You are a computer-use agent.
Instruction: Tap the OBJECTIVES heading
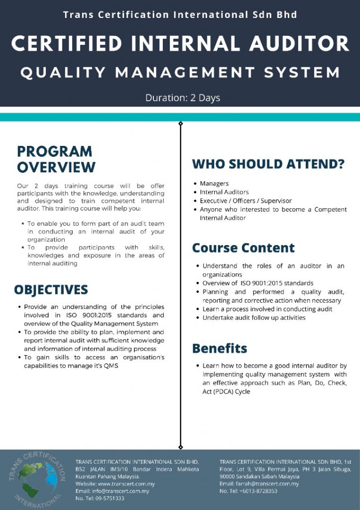click(x=51, y=290)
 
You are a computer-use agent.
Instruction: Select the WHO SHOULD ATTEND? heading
click(x=268, y=164)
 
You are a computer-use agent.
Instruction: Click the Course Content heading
click(x=243, y=248)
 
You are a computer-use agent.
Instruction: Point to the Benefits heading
click(x=220, y=348)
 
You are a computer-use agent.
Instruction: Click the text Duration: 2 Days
click(x=183, y=98)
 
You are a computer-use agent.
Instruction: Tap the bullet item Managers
click(x=214, y=184)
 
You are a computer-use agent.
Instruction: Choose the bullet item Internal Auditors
click(x=224, y=192)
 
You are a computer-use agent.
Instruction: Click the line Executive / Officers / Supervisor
click(x=245, y=201)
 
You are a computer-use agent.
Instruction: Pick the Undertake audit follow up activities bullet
click(x=253, y=318)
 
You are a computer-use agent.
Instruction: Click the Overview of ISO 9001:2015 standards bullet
click(x=257, y=283)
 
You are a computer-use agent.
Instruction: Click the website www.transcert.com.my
click(x=126, y=484)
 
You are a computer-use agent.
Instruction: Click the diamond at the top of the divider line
click(x=180, y=123)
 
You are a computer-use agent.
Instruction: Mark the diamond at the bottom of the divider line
click(x=180, y=447)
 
